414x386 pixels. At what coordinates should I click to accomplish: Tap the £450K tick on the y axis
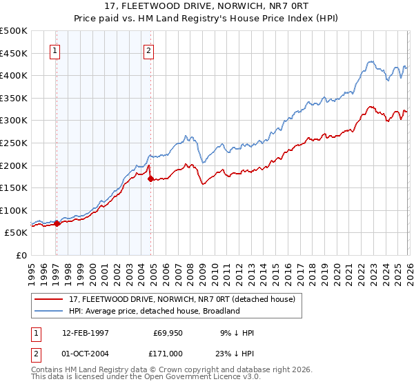click(x=14, y=53)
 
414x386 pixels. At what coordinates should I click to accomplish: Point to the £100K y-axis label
click(x=14, y=210)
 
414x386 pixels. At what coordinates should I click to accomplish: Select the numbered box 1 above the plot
click(x=55, y=50)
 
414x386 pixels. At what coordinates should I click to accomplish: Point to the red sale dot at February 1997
click(x=57, y=223)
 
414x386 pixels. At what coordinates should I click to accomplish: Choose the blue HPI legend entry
click(x=154, y=311)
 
